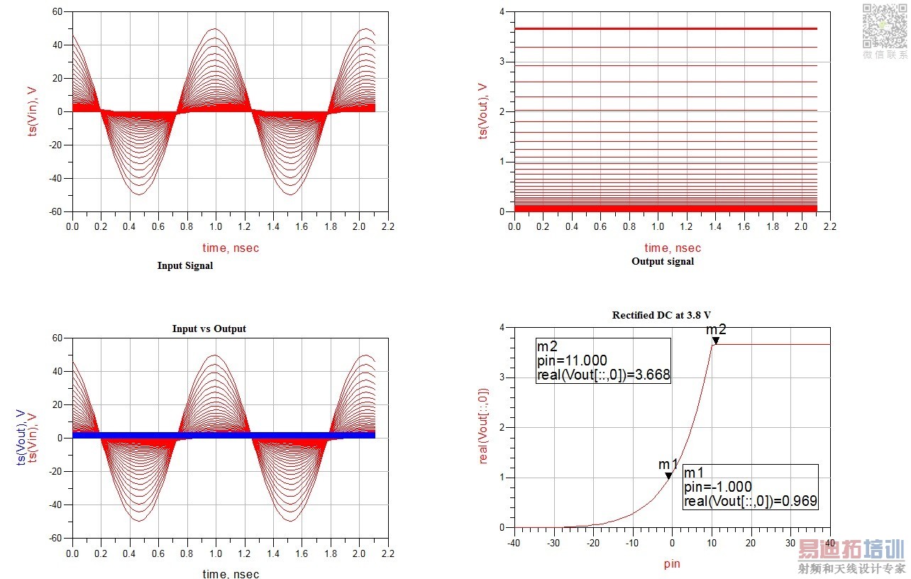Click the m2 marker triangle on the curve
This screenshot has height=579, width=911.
coord(715,341)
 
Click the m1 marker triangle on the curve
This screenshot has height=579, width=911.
coord(668,476)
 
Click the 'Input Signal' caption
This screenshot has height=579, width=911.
coord(184,266)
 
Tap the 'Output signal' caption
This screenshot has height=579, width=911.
coord(663,261)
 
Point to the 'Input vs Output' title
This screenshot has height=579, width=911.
coord(209,329)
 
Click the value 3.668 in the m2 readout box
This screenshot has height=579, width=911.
coord(653,375)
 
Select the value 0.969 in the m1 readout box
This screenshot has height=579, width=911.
coord(800,501)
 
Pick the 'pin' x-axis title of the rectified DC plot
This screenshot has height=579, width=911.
coord(672,566)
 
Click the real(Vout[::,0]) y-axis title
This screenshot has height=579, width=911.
coord(484,426)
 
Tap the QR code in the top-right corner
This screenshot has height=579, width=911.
coord(884,26)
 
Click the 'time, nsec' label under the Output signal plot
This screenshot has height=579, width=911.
coord(672,248)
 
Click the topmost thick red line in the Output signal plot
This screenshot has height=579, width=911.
coord(666,28)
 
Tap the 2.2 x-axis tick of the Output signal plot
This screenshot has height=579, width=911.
coord(829,226)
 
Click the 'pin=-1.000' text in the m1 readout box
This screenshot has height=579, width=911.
coord(717,487)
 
